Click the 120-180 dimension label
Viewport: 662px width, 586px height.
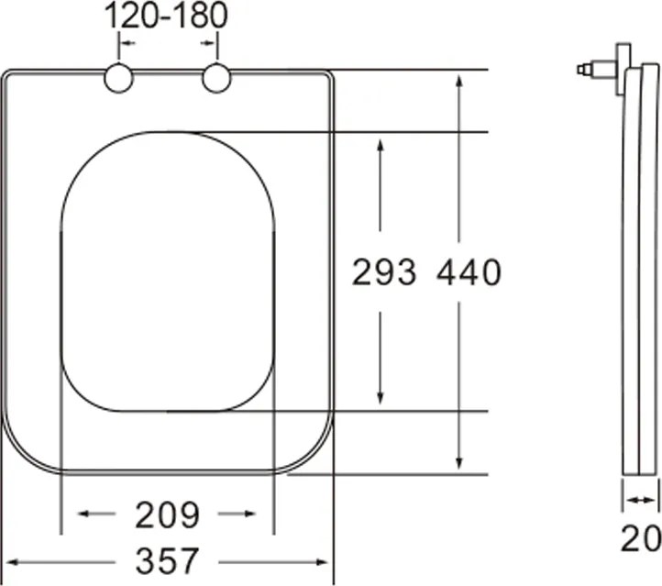coord(165,16)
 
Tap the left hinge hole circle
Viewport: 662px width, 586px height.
coord(119,79)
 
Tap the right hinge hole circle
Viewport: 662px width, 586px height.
coord(216,79)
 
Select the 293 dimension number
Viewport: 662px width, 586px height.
coord(384,272)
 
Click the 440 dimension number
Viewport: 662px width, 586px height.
coord(469,272)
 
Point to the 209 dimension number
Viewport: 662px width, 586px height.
coord(167,515)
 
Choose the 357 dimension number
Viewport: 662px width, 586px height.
coord(167,559)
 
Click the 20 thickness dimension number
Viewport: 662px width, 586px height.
coord(640,539)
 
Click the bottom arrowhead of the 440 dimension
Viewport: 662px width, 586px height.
coord(459,466)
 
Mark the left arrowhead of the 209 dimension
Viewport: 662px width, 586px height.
coord(84,514)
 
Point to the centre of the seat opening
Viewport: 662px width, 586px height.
coord(168,272)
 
